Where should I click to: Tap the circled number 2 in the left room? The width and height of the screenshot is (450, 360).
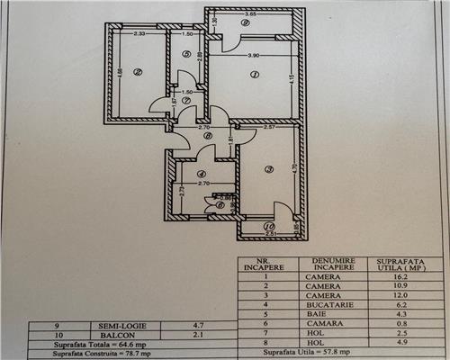(138, 74)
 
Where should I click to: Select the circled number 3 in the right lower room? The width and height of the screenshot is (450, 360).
(268, 169)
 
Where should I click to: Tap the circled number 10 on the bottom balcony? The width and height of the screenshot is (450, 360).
(268, 227)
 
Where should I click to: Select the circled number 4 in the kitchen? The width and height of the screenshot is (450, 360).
(202, 174)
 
